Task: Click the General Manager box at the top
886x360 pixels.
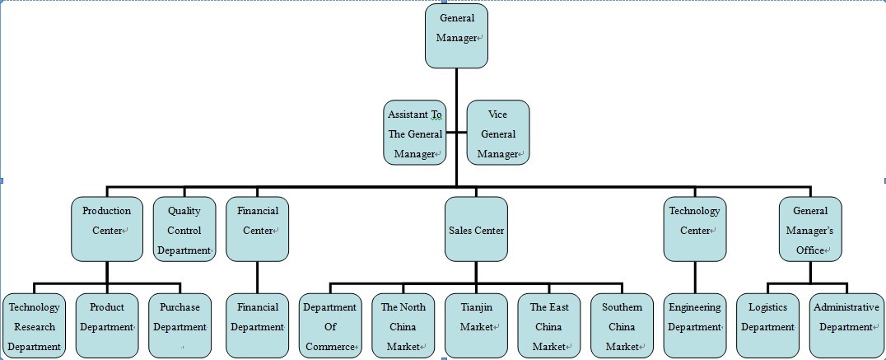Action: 456,36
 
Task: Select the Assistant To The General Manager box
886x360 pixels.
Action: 415,133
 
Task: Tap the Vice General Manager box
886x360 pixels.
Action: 497,133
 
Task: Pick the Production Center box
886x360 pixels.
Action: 107,229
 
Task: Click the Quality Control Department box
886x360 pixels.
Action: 184,229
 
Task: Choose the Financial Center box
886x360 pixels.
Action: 257,229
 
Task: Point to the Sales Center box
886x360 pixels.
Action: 476,229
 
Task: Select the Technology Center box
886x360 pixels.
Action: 694,229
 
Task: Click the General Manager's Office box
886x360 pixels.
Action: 811,229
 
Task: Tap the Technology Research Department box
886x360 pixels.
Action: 34,325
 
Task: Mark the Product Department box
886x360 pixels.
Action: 107,325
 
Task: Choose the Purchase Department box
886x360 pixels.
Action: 180,325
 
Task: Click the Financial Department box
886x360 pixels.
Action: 257,325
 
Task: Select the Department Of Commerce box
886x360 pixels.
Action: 329,325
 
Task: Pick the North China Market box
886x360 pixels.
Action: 403,325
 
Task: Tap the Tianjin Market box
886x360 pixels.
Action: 476,325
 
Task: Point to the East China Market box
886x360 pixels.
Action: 548,325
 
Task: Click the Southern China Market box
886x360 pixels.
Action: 622,325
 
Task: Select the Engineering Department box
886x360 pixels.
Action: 694,325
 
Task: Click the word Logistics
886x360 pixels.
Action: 767,307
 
